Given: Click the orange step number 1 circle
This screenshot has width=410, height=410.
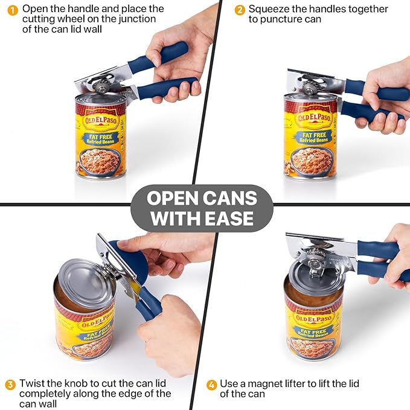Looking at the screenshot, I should [x=11, y=9].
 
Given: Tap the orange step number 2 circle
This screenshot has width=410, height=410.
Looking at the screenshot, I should [x=240, y=9].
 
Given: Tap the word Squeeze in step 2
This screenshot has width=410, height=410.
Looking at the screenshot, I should [x=269, y=9].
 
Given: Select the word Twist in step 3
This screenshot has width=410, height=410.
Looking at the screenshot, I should [x=31, y=383].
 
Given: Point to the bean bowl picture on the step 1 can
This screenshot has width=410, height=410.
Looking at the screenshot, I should [x=100, y=161].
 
